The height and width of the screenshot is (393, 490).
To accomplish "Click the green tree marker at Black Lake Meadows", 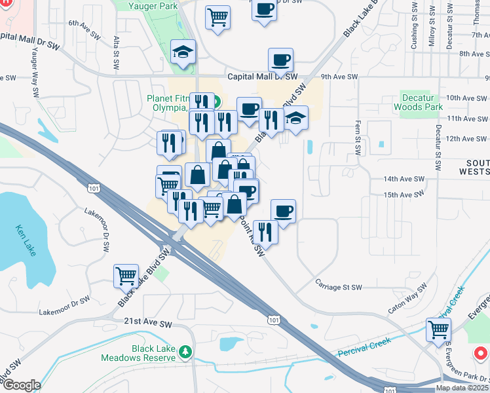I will [186, 352].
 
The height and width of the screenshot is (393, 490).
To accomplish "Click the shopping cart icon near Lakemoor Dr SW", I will [126, 275].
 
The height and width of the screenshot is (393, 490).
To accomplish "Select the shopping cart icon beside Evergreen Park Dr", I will [438, 330].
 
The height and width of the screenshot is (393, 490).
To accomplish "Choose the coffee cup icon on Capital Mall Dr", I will [280, 60].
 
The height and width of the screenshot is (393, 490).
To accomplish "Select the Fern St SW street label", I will [358, 138].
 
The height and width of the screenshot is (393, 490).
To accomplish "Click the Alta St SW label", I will [115, 48].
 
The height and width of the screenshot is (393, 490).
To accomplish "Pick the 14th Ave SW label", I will [404, 179].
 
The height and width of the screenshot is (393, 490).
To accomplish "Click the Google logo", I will [22, 385].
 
